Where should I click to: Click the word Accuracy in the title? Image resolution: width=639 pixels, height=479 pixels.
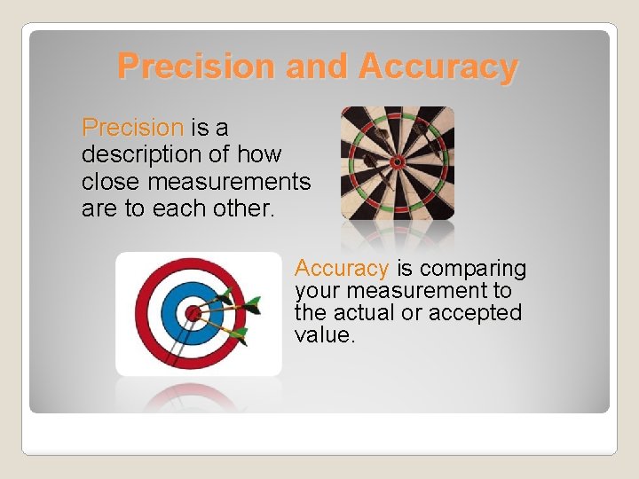click(438, 67)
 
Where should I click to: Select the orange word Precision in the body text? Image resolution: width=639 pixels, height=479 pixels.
click(132, 128)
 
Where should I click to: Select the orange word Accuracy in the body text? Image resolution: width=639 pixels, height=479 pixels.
click(342, 268)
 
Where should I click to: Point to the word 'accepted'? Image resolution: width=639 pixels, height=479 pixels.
click(475, 313)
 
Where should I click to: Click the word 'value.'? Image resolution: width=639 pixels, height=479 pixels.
click(325, 335)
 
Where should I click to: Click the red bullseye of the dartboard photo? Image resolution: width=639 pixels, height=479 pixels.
click(398, 161)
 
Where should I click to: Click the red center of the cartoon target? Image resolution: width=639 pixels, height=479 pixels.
click(193, 312)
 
